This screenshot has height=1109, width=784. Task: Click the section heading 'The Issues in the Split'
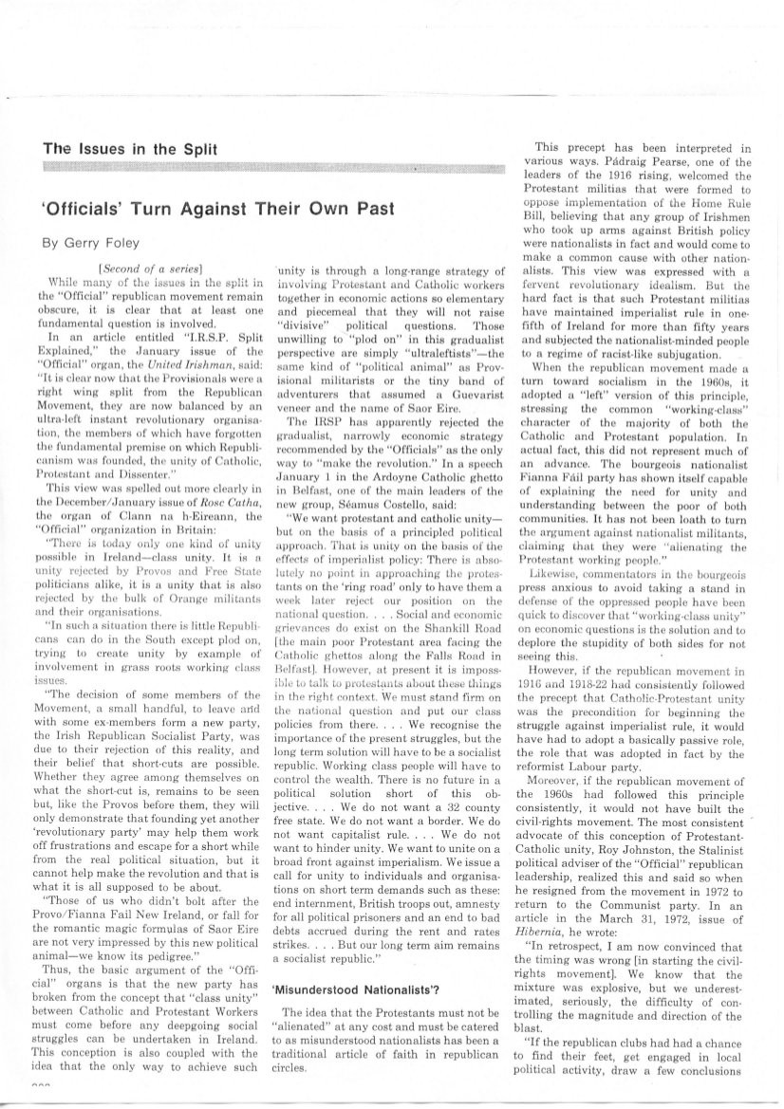[x=131, y=149]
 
